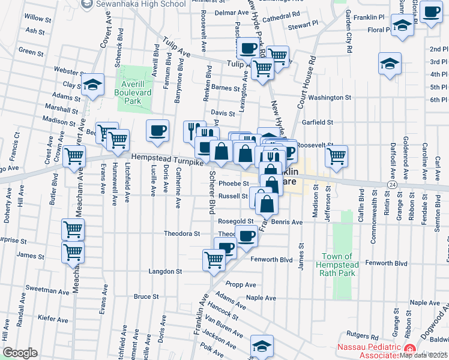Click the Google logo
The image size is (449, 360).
[20, 353]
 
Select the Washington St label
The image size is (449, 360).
[330, 97]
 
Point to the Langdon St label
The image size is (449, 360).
[165, 271]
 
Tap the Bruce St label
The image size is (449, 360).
[146, 296]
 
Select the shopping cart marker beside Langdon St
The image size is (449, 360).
[214, 260]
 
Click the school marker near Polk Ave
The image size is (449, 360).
[262, 346]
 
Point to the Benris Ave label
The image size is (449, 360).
[287, 221]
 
